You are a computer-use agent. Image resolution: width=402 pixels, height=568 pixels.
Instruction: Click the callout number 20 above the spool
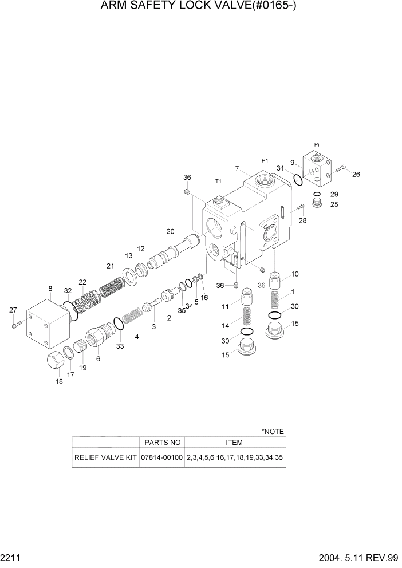170,231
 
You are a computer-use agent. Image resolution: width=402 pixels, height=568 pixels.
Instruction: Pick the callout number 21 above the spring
110,266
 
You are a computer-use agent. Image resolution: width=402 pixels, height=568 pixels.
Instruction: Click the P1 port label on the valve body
265,161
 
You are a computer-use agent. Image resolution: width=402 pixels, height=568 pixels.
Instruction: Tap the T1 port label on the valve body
218,181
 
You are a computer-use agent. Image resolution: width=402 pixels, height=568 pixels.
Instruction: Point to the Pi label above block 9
317,144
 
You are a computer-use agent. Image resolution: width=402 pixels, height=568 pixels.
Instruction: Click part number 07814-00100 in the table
162,458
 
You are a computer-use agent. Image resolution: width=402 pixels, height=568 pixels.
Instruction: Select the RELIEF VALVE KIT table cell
105,458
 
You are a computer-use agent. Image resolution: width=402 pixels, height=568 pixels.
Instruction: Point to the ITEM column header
234,442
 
